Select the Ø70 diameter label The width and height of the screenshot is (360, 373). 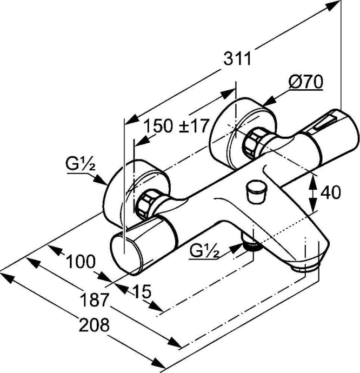coord(305,82)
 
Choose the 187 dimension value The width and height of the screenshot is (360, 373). coord(96,299)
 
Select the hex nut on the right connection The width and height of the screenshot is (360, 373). coord(254,143)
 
